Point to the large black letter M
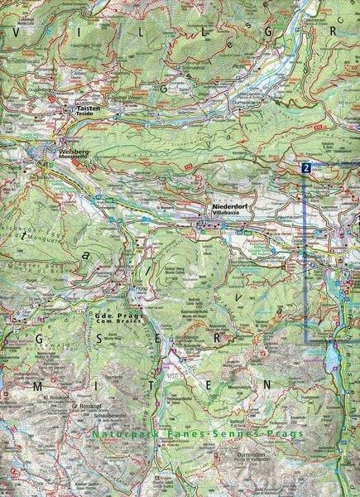pyautogui.click(x=35, y=386)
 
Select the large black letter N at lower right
pyautogui.click(x=266, y=384)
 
